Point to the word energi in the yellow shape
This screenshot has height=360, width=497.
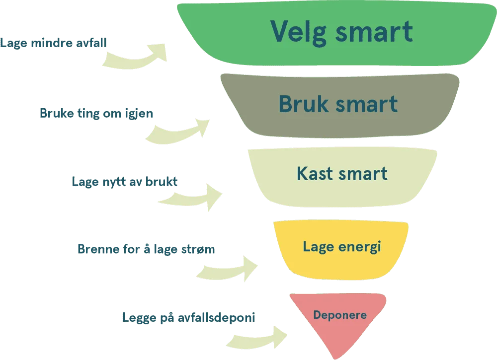point(362,247)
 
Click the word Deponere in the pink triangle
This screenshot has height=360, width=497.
point(340,315)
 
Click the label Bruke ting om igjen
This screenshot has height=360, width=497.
point(97,114)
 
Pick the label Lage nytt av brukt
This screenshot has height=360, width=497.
point(125,182)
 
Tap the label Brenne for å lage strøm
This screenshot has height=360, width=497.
point(146,249)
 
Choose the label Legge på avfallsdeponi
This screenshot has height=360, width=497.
point(188,316)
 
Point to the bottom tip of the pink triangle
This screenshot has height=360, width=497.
point(338,357)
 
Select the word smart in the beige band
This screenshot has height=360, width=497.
point(363,174)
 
